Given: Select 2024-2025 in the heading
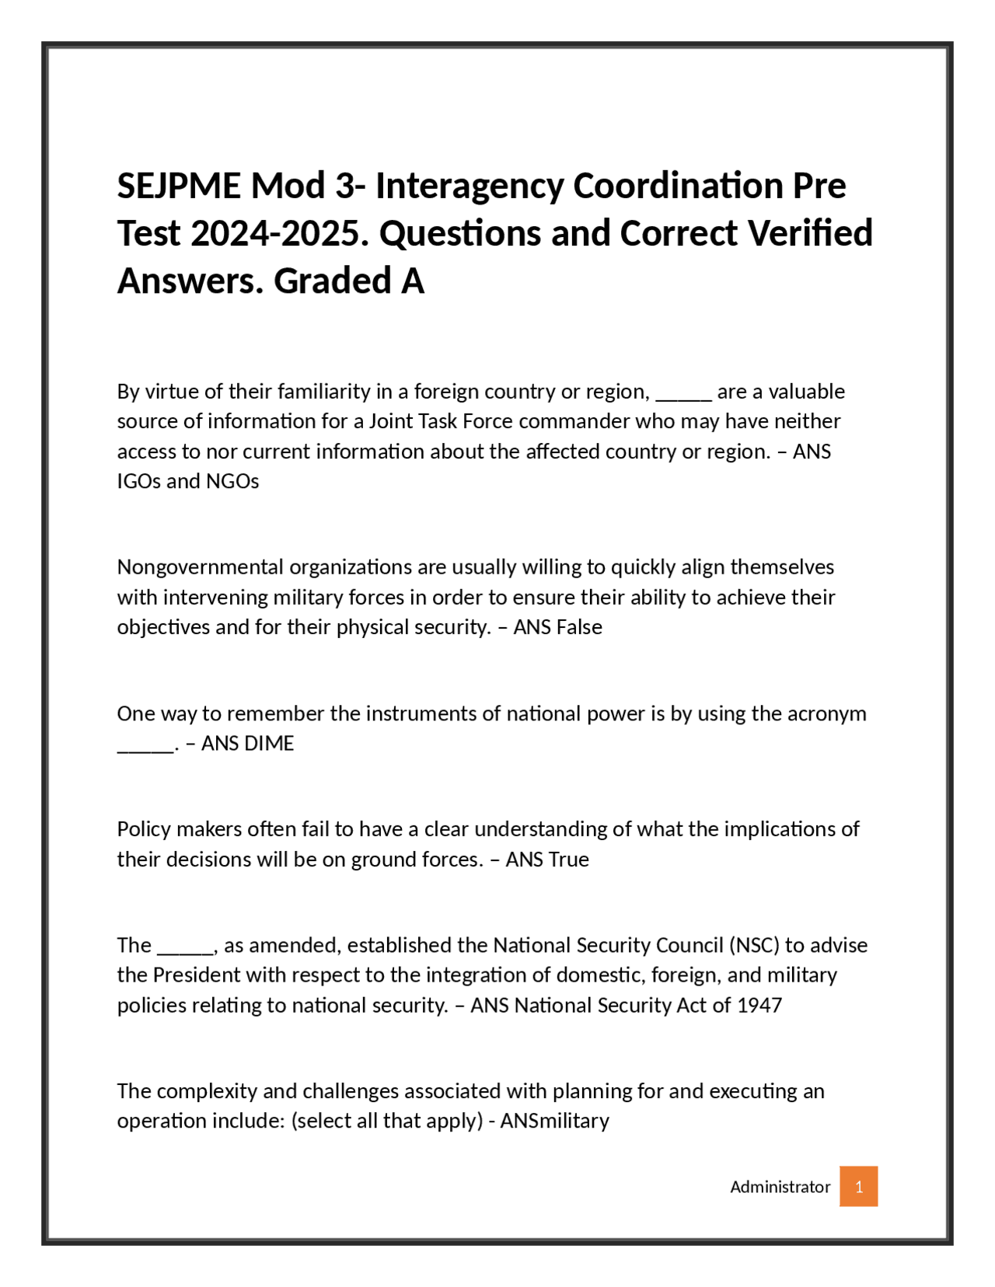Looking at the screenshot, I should [x=279, y=233].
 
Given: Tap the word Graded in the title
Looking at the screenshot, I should [x=333, y=281].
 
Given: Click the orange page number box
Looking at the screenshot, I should [x=858, y=1186].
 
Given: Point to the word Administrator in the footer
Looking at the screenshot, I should [x=780, y=1187].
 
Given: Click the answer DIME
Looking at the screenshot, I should [x=269, y=744].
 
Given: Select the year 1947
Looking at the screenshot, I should [x=759, y=1005].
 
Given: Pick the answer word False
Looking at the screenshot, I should [x=579, y=627].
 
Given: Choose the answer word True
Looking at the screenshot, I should [x=568, y=860].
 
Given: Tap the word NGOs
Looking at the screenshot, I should [x=232, y=481].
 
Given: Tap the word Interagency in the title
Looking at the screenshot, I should [x=470, y=186].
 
